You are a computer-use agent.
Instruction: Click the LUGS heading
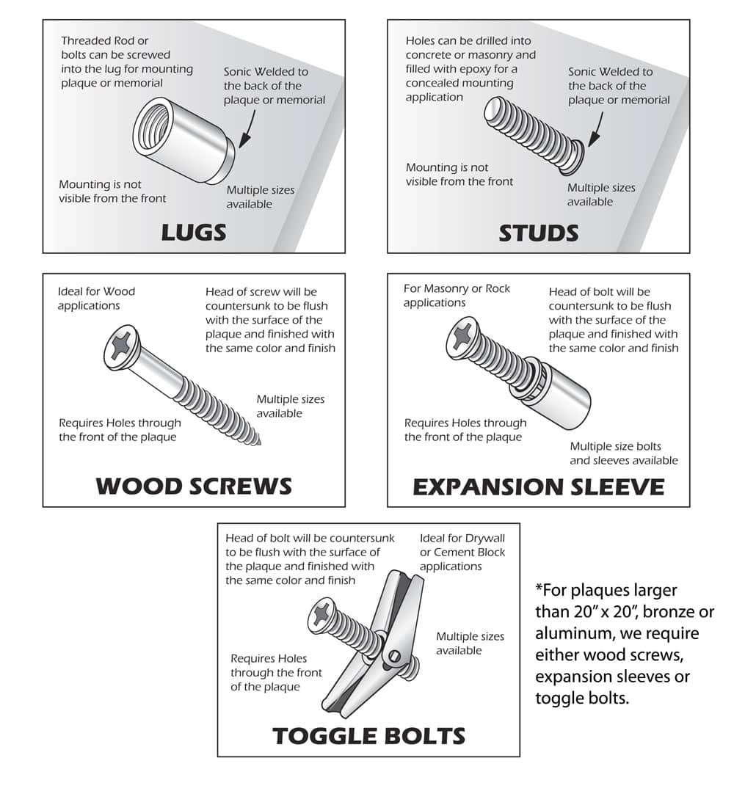[194, 233]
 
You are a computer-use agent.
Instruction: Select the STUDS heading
[539, 233]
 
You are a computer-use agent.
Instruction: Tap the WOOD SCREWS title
[194, 486]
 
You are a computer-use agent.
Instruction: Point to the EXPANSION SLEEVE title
[539, 486]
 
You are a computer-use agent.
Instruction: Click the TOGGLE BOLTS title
[368, 735]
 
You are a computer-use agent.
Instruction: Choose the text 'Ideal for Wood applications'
[96, 298]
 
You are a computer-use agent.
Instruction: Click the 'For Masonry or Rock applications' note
[457, 295]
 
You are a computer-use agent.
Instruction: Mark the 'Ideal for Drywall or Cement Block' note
[462, 552]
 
